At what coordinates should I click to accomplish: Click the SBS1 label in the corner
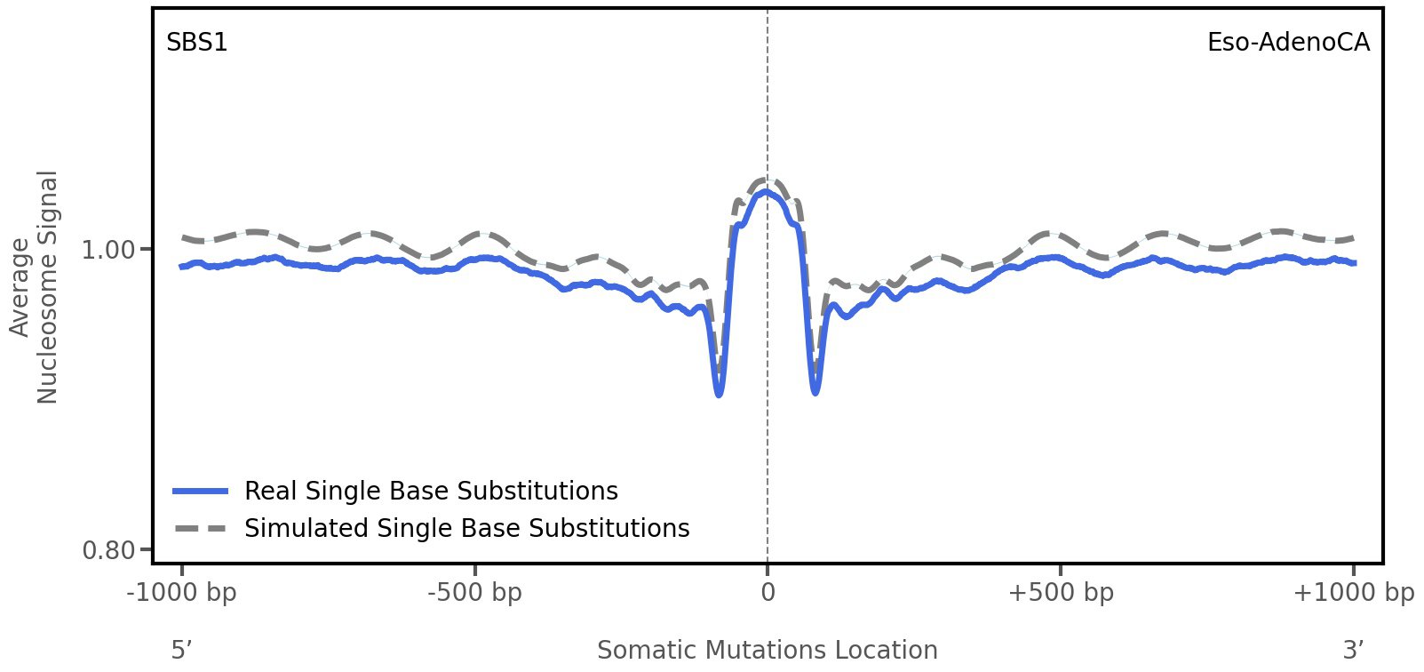(x=197, y=43)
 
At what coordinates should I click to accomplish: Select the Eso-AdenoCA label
(x=1287, y=43)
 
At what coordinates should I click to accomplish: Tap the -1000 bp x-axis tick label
(x=182, y=593)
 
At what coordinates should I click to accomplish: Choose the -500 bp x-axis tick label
(x=474, y=593)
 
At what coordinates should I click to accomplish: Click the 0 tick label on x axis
(x=768, y=593)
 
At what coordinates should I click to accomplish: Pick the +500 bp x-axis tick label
(x=1061, y=593)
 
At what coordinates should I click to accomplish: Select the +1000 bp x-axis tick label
(x=1353, y=593)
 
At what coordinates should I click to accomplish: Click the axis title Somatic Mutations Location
(x=767, y=651)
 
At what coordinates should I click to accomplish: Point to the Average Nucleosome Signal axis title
(x=34, y=286)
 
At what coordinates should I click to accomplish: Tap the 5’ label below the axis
(x=181, y=651)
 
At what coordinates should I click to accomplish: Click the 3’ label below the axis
(x=1353, y=651)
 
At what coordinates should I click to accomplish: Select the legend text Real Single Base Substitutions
(x=431, y=492)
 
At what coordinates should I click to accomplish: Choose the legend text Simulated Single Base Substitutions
(x=466, y=529)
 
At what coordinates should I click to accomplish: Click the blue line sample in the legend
(x=202, y=492)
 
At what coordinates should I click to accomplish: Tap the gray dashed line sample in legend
(x=202, y=529)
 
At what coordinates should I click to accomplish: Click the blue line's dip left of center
(x=719, y=394)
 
